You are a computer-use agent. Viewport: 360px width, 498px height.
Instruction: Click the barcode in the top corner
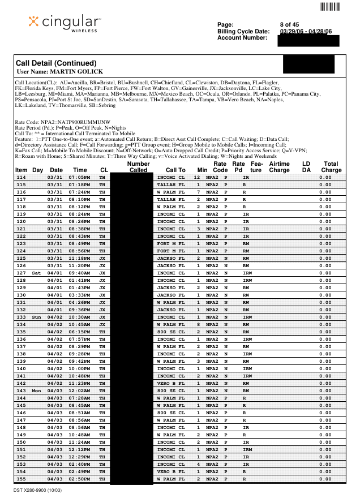(330, 7)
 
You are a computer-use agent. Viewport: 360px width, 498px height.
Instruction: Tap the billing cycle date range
(306, 31)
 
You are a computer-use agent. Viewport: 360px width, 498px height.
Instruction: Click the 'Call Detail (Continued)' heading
(57, 63)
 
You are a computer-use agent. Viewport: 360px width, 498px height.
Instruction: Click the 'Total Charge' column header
(331, 166)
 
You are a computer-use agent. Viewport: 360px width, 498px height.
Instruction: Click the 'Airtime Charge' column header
(279, 166)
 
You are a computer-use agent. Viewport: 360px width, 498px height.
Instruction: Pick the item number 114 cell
(22, 178)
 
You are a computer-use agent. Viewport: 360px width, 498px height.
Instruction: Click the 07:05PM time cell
(80, 178)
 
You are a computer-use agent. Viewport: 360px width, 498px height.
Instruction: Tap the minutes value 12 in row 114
(197, 178)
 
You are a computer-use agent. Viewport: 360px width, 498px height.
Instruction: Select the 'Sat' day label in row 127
(37, 273)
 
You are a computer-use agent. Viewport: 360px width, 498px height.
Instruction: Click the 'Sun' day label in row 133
(37, 317)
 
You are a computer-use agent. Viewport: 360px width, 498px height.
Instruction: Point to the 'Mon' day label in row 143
(37, 391)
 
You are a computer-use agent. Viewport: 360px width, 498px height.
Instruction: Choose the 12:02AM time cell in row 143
(80, 391)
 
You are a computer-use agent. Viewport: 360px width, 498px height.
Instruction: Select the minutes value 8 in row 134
(198, 325)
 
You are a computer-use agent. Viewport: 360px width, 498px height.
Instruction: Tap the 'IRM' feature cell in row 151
(247, 449)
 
